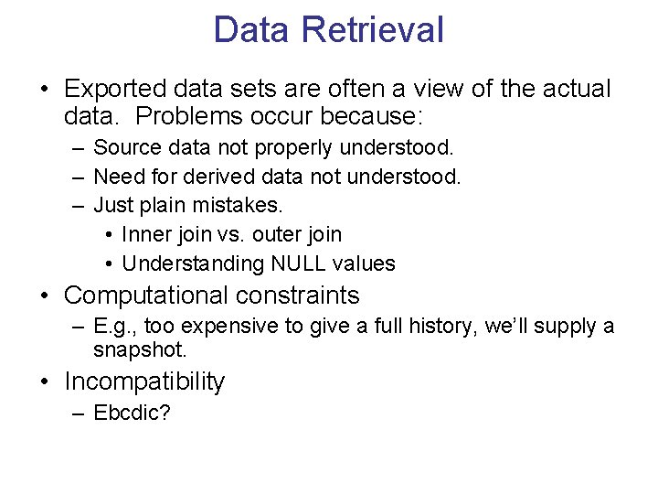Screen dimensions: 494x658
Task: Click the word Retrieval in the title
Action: coord(373,29)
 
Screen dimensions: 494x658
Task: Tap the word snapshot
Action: coord(139,349)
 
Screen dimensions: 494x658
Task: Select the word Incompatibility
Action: coord(144,381)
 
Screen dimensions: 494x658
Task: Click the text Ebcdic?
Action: coord(132,413)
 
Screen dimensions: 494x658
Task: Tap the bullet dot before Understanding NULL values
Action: coord(108,263)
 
